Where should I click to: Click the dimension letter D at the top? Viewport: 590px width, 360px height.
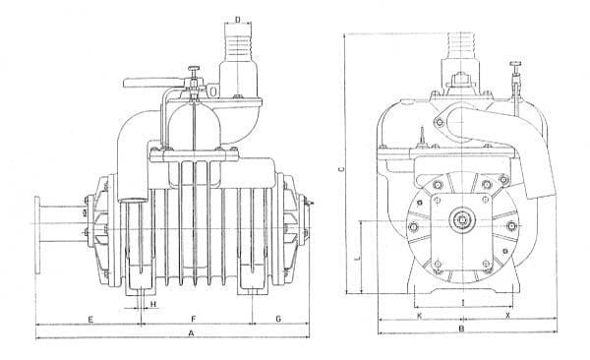coord(237,20)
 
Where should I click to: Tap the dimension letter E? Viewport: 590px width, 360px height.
coord(90,320)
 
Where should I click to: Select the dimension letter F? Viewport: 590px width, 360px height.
coord(194,320)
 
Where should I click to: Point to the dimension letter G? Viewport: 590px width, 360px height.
coord(278,319)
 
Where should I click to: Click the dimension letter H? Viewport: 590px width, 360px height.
coord(153,304)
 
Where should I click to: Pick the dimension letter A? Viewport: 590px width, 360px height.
coord(191,333)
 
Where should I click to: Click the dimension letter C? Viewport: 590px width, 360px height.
coord(341,169)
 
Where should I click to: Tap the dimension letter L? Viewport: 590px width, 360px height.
coord(358,259)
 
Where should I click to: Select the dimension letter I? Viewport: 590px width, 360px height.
coord(463,302)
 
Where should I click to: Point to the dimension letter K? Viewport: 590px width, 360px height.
coord(420,316)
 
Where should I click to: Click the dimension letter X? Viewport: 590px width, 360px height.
coord(507,316)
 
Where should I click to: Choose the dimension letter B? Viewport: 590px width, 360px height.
coord(462,330)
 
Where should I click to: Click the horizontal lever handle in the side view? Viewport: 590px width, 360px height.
coord(152,83)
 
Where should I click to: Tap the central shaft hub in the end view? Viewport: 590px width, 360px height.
coord(462,219)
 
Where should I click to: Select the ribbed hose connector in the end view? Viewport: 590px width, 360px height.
coord(461,45)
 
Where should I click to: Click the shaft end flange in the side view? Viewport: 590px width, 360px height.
coord(37,235)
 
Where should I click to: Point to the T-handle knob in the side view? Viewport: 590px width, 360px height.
coord(194,68)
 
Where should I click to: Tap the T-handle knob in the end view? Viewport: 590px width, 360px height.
coord(515,63)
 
